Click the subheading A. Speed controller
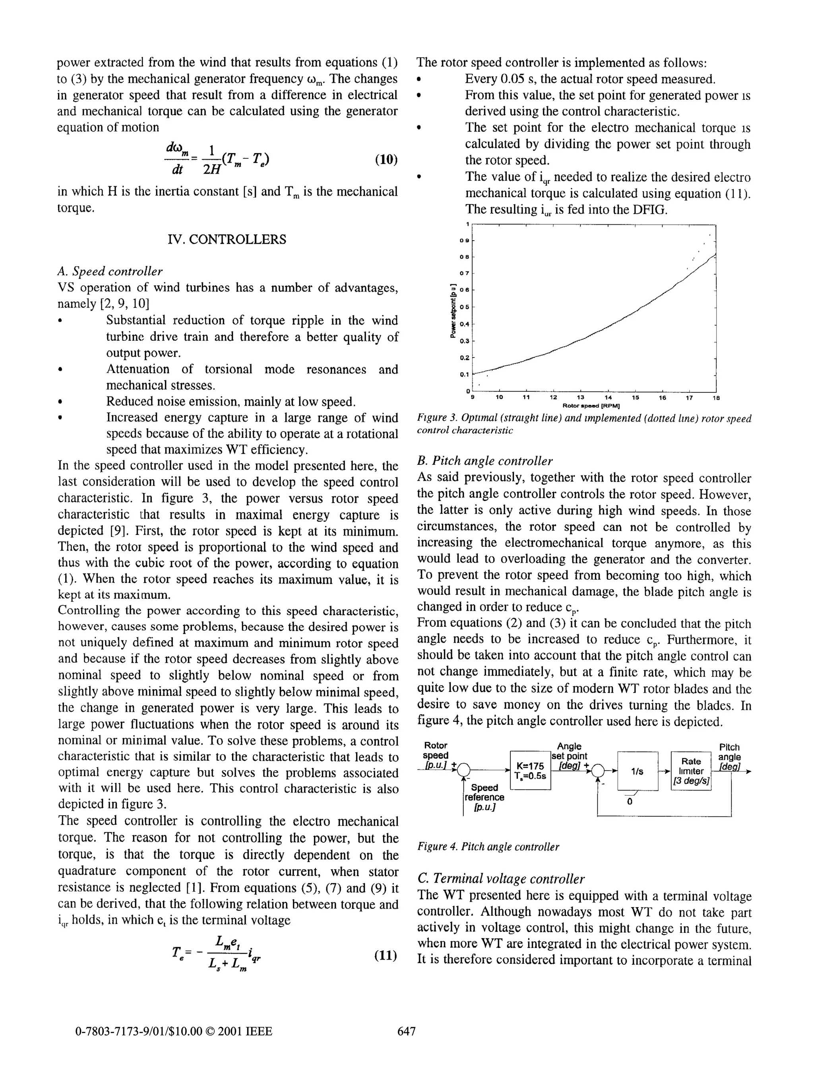coord(110,271)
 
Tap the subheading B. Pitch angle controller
coord(484,461)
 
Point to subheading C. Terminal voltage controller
coord(500,878)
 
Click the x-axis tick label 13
coord(580,397)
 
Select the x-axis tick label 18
coord(715,397)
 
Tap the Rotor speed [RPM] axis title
coord(591,406)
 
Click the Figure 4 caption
coord(488,847)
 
